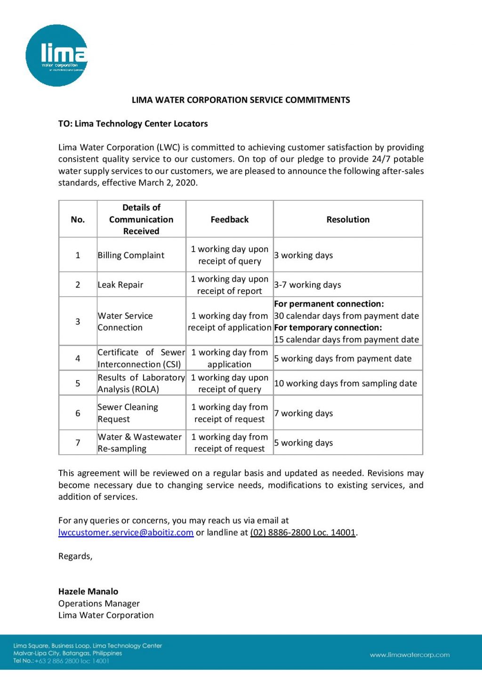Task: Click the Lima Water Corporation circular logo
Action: (x=56, y=55)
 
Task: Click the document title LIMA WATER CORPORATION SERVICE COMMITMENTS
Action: (x=241, y=100)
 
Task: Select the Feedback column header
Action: (x=229, y=219)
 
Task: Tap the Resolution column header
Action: (x=348, y=219)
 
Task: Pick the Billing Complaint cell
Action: (x=131, y=255)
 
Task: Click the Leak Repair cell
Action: (x=120, y=285)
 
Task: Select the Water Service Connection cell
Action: (x=125, y=322)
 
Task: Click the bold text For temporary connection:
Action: (x=328, y=328)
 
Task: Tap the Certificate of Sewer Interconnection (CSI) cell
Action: (x=141, y=358)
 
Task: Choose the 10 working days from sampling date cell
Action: (x=345, y=383)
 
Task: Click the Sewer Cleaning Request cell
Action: (x=128, y=413)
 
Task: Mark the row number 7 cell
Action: (x=78, y=443)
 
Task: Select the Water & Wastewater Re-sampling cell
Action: (x=139, y=443)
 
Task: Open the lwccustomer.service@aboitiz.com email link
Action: (x=126, y=532)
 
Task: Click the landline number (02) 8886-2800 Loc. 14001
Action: (x=303, y=532)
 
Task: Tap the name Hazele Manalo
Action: (x=88, y=592)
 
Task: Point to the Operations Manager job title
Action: (x=99, y=603)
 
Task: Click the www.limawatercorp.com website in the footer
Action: (x=410, y=655)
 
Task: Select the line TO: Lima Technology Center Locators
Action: (x=133, y=124)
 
